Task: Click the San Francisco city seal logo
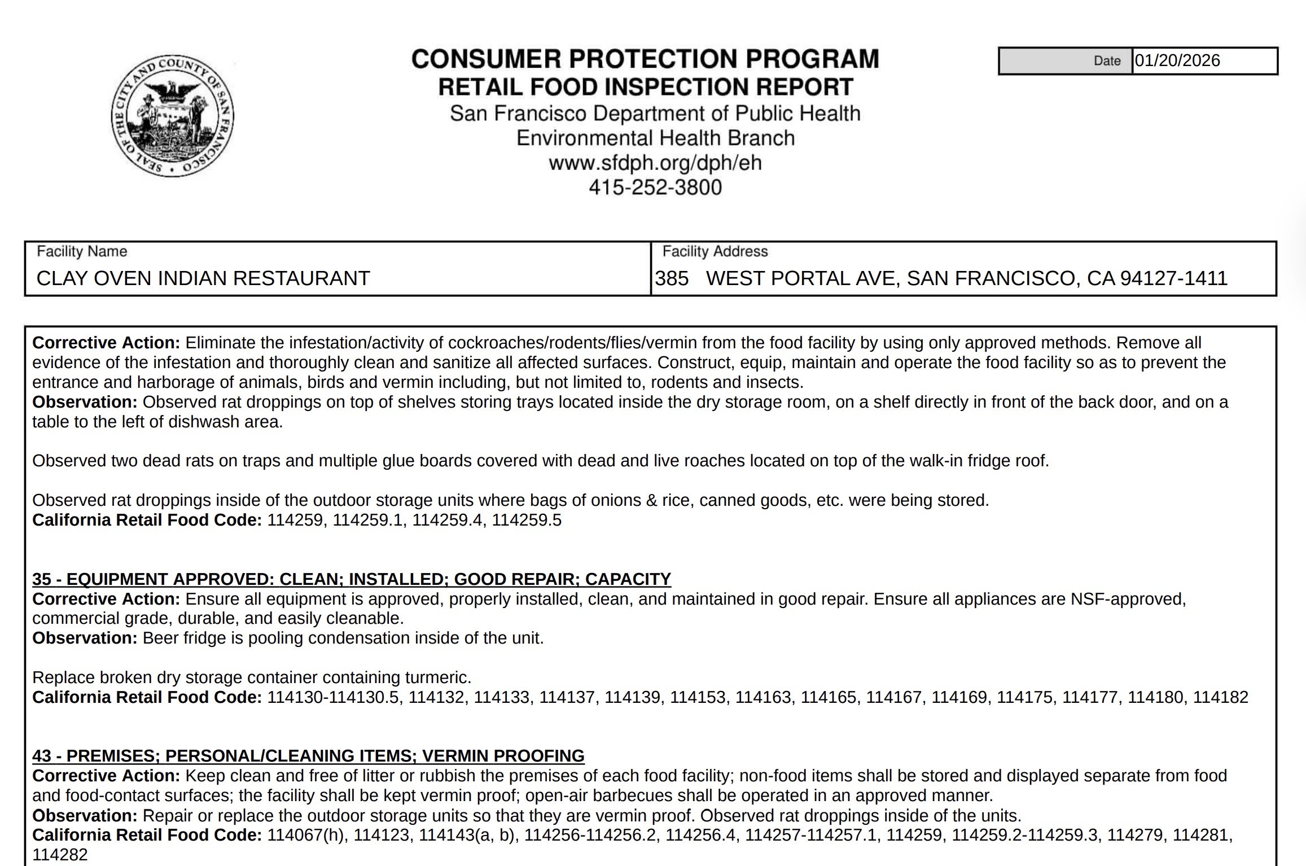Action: pos(172,116)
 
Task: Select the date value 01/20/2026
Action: pos(1177,61)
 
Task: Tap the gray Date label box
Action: pos(1065,61)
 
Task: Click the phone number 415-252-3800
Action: pos(655,187)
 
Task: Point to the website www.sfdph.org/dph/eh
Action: pos(655,163)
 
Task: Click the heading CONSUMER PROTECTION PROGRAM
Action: pos(645,59)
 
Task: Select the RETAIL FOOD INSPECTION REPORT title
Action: pos(645,87)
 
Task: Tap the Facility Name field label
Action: pos(82,251)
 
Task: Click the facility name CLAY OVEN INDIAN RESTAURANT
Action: pos(203,278)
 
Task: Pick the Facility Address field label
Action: pos(715,251)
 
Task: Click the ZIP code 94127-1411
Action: pos(1174,278)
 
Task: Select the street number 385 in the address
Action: pos(672,278)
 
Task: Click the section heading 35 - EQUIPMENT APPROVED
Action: pos(351,579)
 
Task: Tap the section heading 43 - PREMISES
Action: pos(308,756)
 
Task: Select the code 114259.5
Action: pos(527,520)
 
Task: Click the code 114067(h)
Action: pos(305,835)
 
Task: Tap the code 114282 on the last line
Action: pos(60,855)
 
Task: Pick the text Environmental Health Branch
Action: pos(655,138)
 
